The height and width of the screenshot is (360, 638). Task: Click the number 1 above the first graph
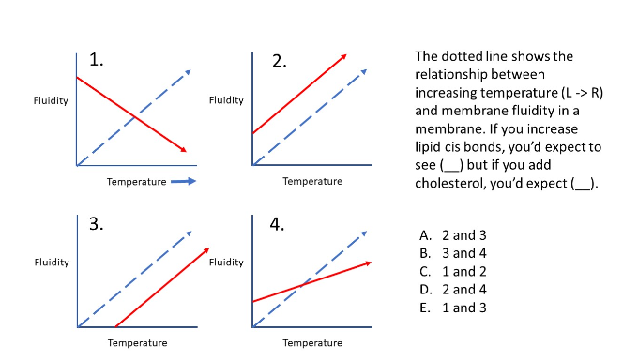click(x=96, y=61)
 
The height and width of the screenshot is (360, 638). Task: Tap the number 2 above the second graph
click(x=279, y=62)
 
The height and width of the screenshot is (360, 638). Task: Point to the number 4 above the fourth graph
click(x=279, y=224)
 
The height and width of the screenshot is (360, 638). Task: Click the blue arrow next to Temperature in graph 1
click(x=183, y=181)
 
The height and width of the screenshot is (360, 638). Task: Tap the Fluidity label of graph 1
click(x=50, y=100)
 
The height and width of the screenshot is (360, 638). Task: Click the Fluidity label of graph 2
click(x=226, y=100)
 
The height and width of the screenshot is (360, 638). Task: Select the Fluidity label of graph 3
click(x=51, y=262)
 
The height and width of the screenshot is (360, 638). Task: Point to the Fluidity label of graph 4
click(x=226, y=262)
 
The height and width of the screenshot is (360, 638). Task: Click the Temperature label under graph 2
click(x=312, y=181)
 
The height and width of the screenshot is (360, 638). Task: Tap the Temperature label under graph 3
click(x=137, y=343)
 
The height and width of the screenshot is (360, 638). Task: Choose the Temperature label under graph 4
click(x=312, y=343)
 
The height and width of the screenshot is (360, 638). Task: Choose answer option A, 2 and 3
click(x=455, y=235)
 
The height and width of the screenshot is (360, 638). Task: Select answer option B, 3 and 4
click(x=455, y=253)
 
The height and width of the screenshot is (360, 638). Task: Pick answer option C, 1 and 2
click(x=455, y=271)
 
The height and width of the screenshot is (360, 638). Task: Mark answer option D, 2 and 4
click(x=455, y=289)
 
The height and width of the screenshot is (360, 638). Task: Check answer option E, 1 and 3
click(x=455, y=307)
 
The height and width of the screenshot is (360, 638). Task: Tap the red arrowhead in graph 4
click(x=369, y=263)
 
